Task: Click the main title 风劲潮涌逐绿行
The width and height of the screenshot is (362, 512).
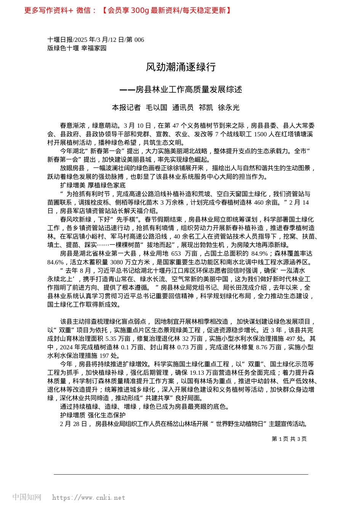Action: [x=181, y=67]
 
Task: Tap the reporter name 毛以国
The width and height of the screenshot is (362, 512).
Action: [x=156, y=107]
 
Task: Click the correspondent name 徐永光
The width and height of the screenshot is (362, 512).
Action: [x=229, y=107]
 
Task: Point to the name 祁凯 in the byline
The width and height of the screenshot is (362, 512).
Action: [x=206, y=107]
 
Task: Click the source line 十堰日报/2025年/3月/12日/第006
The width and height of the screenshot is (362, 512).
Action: [x=96, y=40]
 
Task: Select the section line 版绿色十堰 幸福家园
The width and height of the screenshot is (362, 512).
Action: [x=77, y=48]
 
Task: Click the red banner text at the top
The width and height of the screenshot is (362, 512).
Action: [x=128, y=10]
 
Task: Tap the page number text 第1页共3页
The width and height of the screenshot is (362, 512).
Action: [x=289, y=439]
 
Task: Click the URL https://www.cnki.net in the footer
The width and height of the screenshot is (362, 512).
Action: [x=88, y=498]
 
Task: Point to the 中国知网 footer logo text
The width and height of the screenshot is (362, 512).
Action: [x=27, y=497]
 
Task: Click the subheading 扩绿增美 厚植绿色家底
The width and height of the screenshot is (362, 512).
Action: [x=93, y=185]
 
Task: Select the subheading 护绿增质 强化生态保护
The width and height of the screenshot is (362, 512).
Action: [x=93, y=415]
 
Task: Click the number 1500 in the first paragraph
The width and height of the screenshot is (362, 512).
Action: [x=260, y=134]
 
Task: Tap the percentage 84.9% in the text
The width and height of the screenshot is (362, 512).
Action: [x=259, y=253]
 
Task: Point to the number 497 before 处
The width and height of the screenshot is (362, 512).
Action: [x=290, y=338]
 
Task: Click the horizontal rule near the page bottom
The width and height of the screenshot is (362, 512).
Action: [x=181, y=474]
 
